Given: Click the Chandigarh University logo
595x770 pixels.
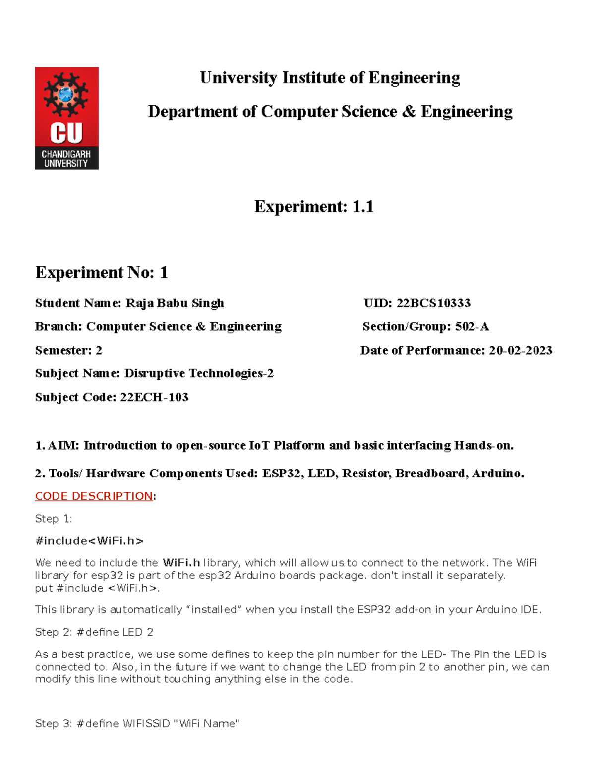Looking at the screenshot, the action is pos(66,118).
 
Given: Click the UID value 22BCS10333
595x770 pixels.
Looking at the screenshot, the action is pos(433,303).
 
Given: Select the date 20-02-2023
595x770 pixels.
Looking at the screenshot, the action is pos(521,350).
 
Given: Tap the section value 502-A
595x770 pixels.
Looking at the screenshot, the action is pos(472,326).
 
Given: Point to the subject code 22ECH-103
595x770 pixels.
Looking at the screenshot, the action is pos(154,397).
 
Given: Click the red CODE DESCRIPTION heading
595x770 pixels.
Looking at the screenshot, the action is pos(94,496).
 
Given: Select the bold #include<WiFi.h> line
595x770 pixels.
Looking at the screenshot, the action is pos(89,540).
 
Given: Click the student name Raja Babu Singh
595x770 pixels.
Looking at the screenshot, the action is pos(175,303).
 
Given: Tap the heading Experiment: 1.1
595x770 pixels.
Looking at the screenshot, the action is pos(313,206).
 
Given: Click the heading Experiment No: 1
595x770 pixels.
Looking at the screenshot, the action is pos(102,272).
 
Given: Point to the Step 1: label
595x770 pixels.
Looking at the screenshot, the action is pos(54,519).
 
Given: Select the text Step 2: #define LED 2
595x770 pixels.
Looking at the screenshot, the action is pos(94,632).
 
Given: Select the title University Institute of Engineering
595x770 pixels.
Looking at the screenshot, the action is pos(330,78).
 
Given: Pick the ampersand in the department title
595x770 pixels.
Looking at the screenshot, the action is pos(409,112).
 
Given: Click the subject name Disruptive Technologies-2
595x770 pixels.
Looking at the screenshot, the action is pos(199,373).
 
